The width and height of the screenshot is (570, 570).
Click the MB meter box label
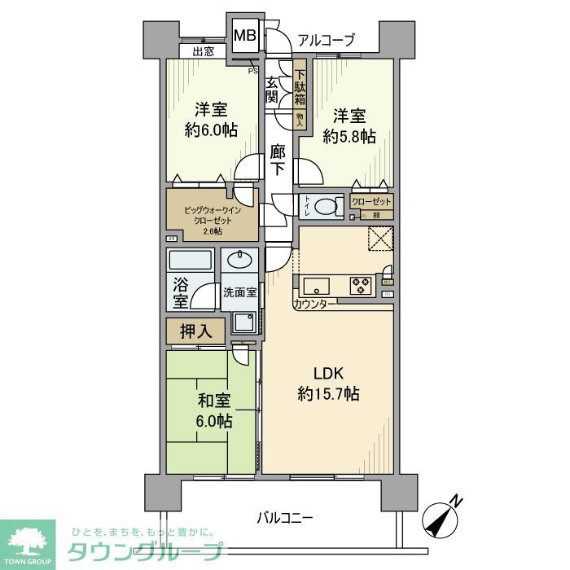click(x=244, y=36)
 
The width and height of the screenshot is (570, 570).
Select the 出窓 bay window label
click(x=204, y=52)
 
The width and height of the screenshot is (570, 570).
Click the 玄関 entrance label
click(x=271, y=89)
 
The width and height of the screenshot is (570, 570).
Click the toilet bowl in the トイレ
click(x=327, y=207)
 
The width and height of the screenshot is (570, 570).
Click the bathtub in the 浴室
click(x=190, y=262)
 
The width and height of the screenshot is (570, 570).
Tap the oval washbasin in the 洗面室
click(x=239, y=261)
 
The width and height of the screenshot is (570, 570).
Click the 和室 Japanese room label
click(x=213, y=401)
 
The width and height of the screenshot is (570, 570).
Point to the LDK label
click(x=331, y=373)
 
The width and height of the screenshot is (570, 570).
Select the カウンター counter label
click(x=313, y=304)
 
